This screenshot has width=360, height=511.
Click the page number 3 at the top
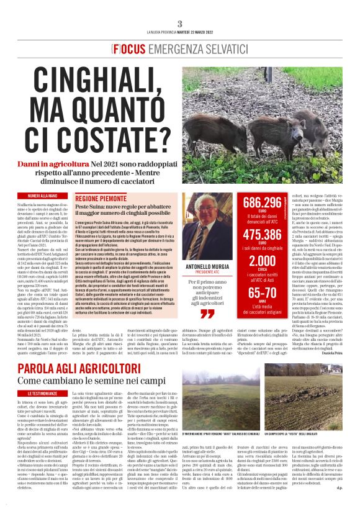click(x=179, y=23)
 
